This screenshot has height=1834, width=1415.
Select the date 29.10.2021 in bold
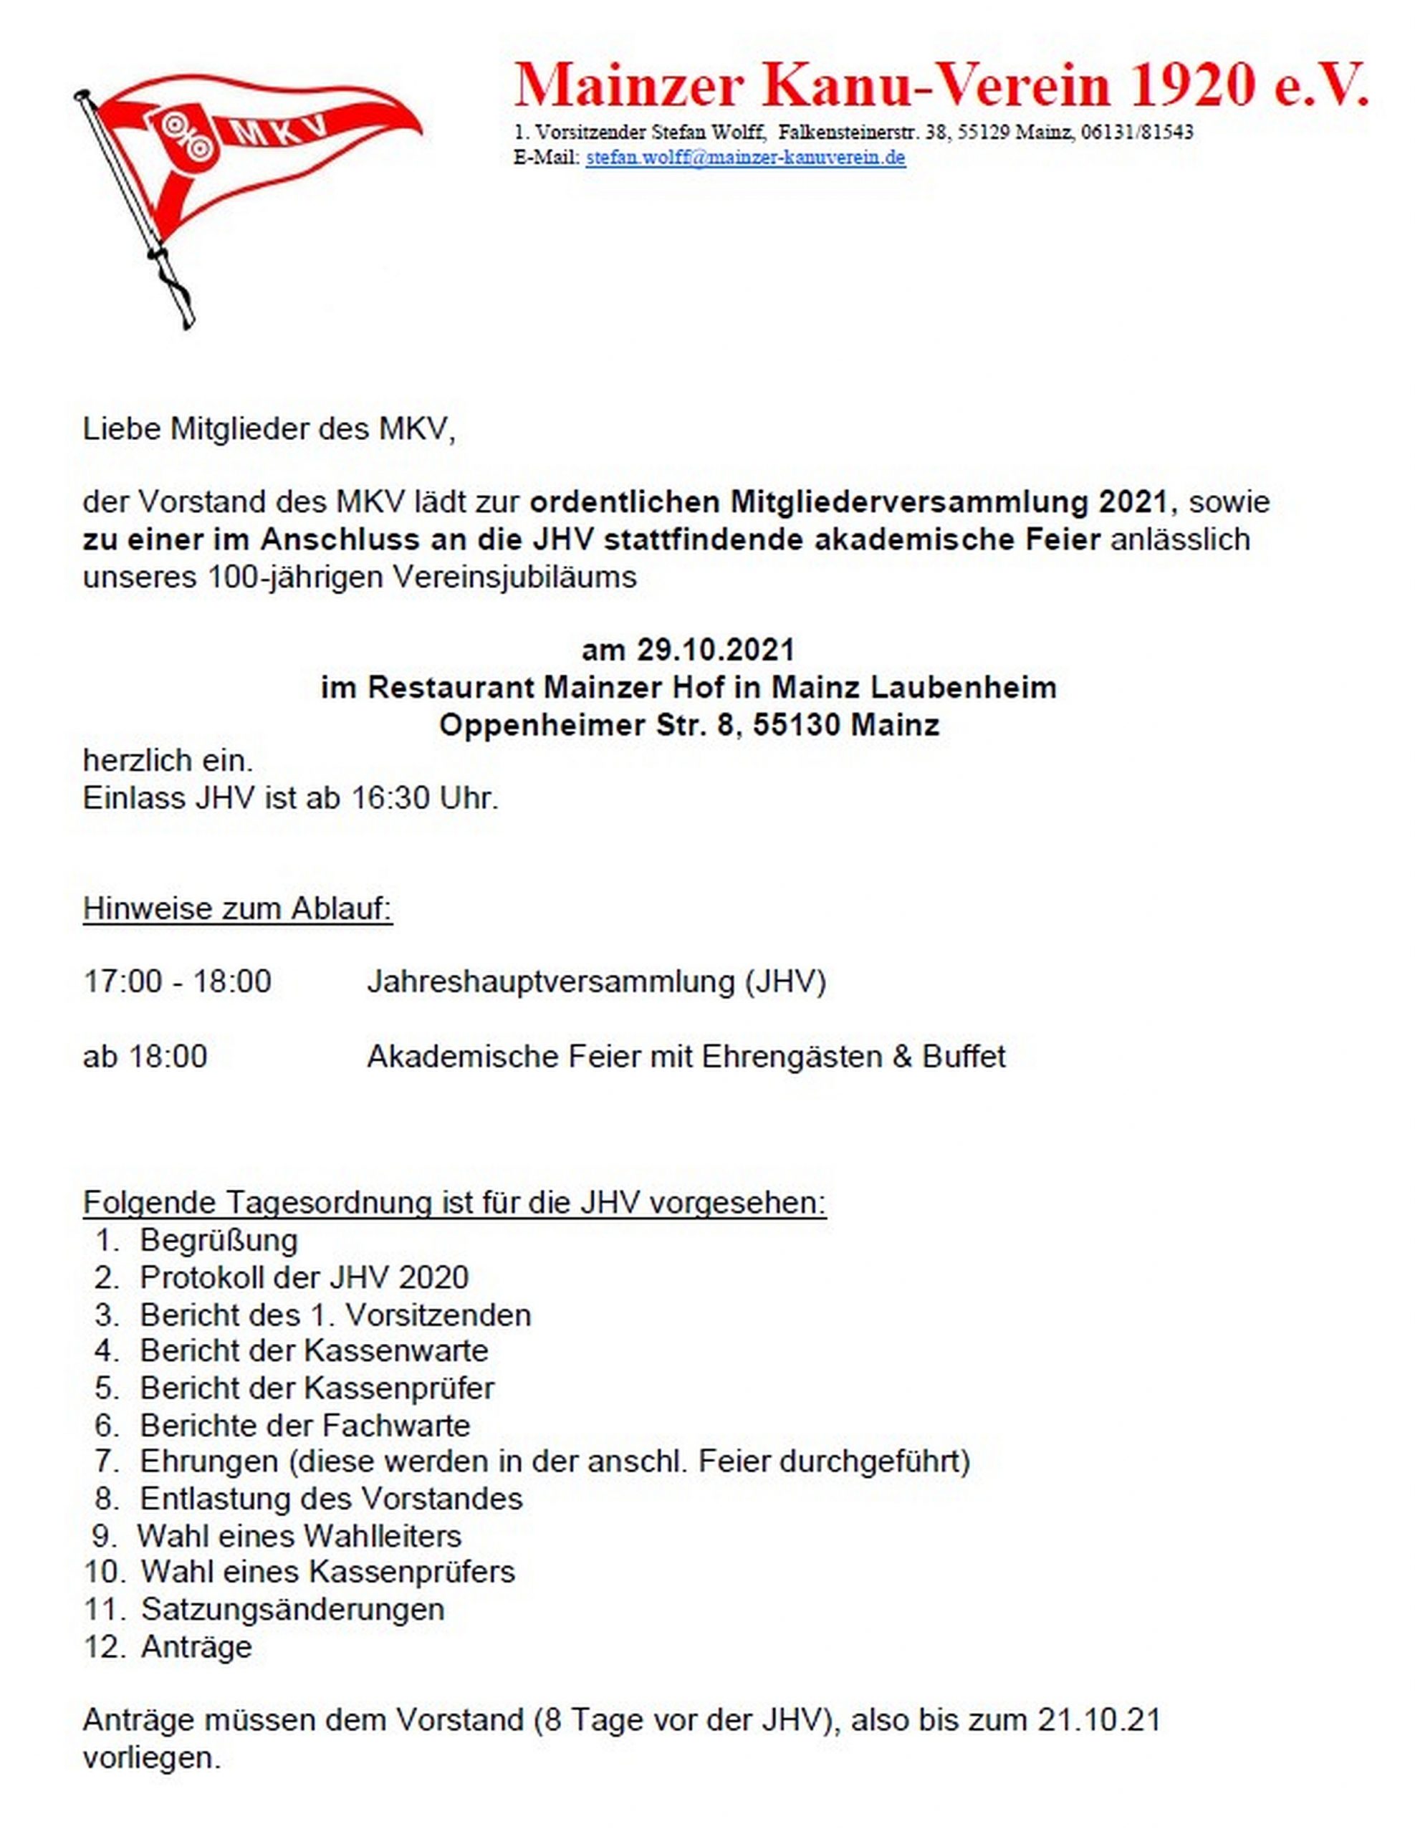(714, 650)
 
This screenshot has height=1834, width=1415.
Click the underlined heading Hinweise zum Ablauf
(238, 908)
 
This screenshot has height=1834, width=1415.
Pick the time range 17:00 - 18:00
(177, 981)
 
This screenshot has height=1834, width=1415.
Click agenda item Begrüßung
(219, 1239)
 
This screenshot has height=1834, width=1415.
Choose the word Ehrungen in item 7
(208, 1461)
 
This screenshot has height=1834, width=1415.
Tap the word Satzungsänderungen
(292, 1609)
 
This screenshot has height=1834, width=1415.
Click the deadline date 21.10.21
(1098, 1720)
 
